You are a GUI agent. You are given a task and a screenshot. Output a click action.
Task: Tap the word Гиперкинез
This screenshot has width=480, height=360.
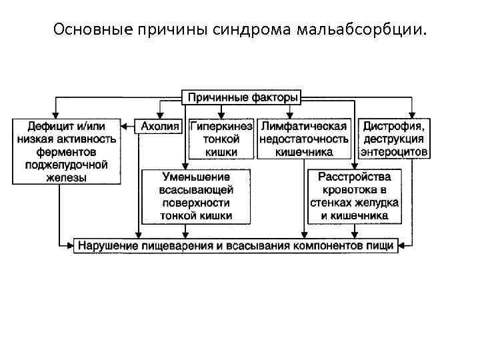click(221, 125)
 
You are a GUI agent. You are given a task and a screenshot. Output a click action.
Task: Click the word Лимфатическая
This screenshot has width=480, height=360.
click(304, 125)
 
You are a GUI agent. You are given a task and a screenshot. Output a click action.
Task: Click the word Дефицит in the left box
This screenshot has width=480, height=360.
click(47, 125)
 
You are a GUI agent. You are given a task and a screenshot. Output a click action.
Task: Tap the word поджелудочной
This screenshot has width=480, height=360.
click(64, 165)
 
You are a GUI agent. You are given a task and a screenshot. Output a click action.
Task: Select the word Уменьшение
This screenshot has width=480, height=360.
click(196, 177)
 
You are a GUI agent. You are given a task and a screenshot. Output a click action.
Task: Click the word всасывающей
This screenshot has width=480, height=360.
click(196, 190)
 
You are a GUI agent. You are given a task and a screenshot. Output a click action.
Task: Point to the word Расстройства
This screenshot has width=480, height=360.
click(354, 177)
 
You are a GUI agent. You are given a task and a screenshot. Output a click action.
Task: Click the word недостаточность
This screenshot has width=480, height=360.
click(304, 139)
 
